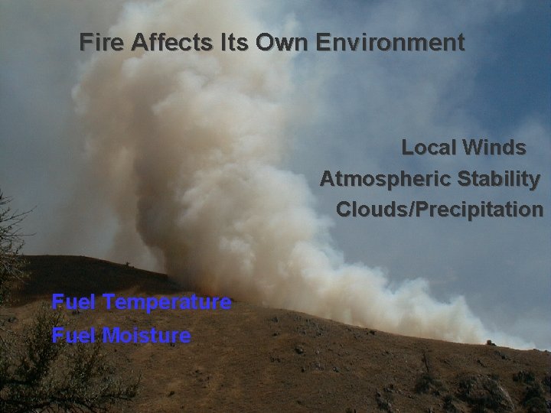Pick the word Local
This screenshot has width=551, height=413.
(x=429, y=147)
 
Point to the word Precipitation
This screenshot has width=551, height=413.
(x=479, y=209)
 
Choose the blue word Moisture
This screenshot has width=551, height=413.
(x=146, y=335)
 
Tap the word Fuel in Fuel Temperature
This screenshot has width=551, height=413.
(x=73, y=303)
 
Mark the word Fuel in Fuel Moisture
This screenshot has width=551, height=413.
(x=73, y=335)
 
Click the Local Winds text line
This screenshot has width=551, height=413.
(x=464, y=147)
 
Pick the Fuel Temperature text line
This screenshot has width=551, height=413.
(x=142, y=303)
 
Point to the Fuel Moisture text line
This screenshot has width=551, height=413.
(x=121, y=335)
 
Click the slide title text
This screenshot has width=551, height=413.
(x=272, y=42)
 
